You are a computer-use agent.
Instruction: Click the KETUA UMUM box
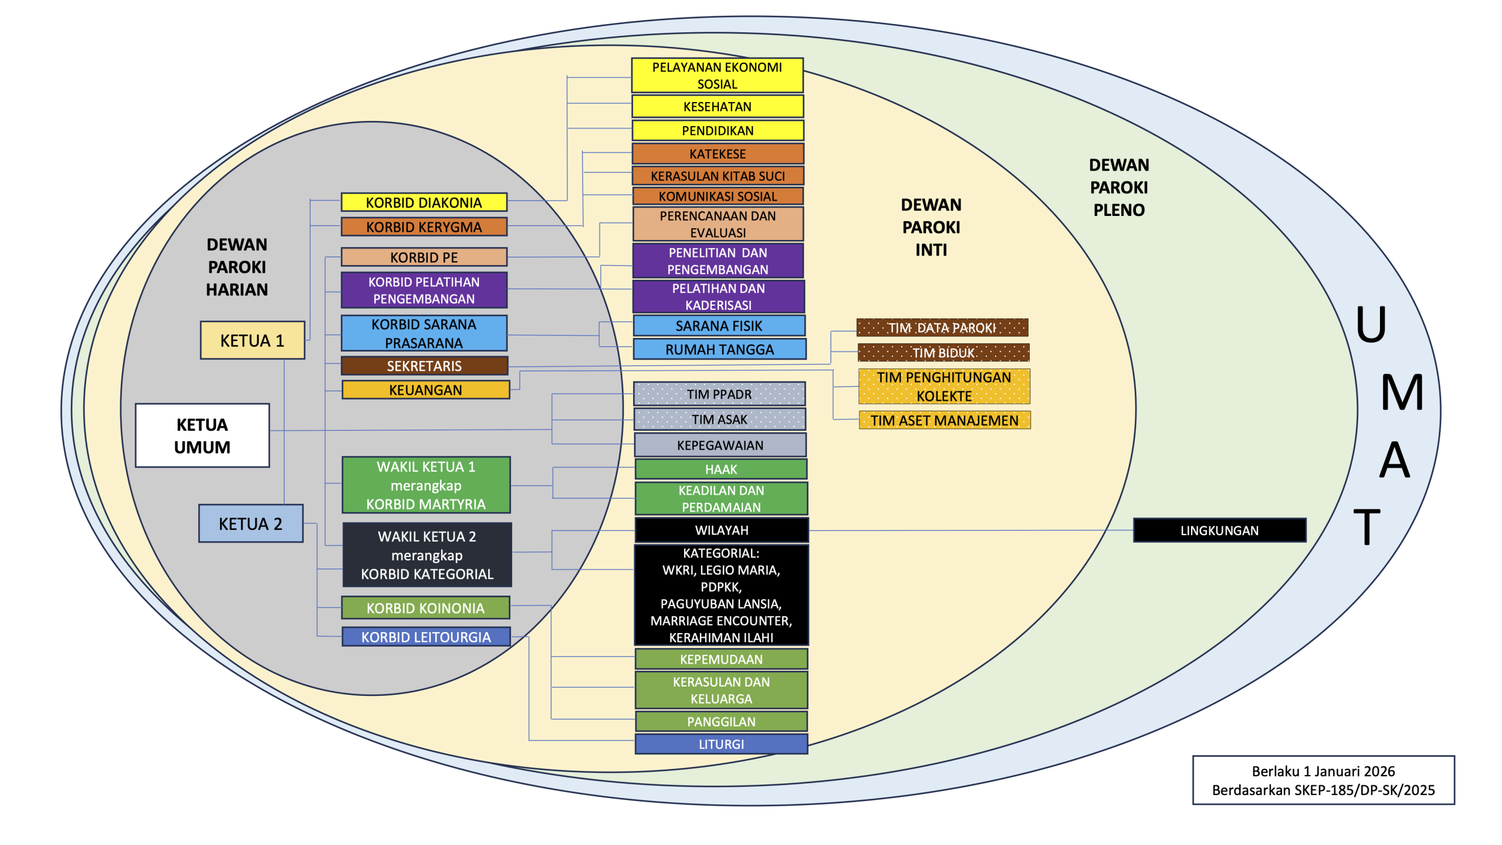pyautogui.click(x=202, y=435)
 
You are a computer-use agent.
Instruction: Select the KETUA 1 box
pyautogui.click(x=252, y=340)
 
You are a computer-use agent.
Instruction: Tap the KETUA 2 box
pyautogui.click(x=251, y=523)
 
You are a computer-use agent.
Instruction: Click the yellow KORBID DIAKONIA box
pyautogui.click(x=424, y=202)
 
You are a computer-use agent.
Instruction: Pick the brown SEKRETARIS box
pyautogui.click(x=424, y=366)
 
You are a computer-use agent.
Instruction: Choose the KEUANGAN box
pyautogui.click(x=425, y=390)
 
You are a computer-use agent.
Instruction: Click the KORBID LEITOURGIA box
pyautogui.click(x=425, y=637)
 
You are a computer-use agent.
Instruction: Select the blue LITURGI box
pyautogui.click(x=721, y=744)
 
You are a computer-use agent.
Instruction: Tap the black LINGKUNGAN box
pyautogui.click(x=1219, y=530)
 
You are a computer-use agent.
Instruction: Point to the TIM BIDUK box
pyautogui.click(x=943, y=353)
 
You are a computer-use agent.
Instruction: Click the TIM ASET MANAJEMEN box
pyautogui.click(x=944, y=420)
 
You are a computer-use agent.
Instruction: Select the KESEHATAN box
pyautogui.click(x=717, y=107)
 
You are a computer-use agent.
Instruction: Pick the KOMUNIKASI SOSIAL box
pyautogui.click(x=718, y=196)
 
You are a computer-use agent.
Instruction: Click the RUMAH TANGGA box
pyautogui.click(x=719, y=349)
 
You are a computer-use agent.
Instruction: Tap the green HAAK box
pyautogui.click(x=721, y=469)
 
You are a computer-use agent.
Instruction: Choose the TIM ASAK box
pyautogui.click(x=719, y=420)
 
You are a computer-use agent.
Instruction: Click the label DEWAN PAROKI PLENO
pyautogui.click(x=1119, y=187)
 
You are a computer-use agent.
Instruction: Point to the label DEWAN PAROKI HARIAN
pyautogui.click(x=237, y=267)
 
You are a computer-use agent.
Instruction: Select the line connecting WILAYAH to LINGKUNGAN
pyautogui.click(x=968, y=530)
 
